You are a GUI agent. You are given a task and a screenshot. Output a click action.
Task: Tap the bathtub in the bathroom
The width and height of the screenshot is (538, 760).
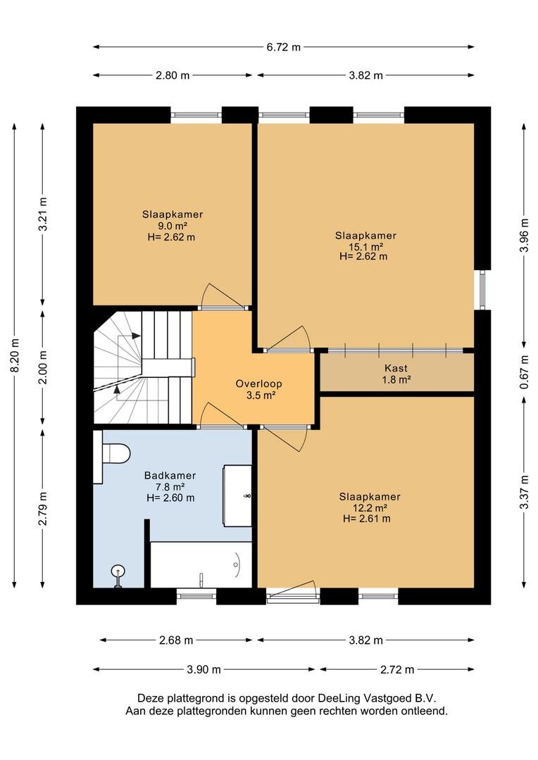[x=201, y=564]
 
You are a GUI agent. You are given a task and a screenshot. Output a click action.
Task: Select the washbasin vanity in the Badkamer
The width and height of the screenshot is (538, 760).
[x=237, y=496]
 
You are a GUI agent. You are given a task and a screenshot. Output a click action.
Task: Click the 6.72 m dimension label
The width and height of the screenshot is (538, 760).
[x=283, y=47]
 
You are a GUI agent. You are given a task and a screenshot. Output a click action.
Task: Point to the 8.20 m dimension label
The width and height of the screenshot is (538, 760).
[x=15, y=356]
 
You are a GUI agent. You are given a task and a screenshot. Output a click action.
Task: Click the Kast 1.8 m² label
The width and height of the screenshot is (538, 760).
[x=396, y=374]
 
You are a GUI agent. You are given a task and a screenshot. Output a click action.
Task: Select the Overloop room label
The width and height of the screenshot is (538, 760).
[x=258, y=384]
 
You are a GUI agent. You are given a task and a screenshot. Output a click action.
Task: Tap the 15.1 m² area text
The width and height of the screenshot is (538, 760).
[x=365, y=246]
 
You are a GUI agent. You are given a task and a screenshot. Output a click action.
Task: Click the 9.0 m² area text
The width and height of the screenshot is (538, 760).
[x=173, y=226]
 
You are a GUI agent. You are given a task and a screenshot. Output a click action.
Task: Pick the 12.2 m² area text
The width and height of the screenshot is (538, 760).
[x=370, y=508]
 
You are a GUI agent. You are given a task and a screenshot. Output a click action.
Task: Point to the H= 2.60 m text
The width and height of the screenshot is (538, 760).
[x=170, y=498]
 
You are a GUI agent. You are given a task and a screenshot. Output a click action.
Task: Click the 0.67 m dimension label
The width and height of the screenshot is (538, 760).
[x=523, y=372]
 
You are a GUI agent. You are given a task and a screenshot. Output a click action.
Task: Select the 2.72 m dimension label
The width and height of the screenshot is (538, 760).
[x=397, y=670]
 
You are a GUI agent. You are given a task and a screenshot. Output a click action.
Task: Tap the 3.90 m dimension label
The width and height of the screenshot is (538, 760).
[x=204, y=670]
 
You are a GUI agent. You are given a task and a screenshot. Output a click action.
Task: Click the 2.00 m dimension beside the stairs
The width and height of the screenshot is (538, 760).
[x=43, y=367]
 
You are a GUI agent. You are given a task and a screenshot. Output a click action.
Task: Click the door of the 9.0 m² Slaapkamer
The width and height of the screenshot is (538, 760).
[x=224, y=297]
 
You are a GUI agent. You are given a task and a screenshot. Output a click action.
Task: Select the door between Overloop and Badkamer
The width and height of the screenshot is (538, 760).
[x=223, y=416]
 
